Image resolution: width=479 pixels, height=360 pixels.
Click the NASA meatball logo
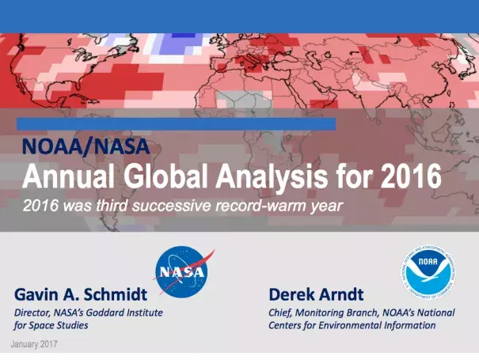coord(182,271)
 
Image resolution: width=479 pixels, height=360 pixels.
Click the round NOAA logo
coord(428,272)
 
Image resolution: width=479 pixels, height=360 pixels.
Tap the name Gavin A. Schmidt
coord(81,294)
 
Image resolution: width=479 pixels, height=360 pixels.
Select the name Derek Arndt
coord(316,294)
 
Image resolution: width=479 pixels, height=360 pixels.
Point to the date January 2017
coord(34,344)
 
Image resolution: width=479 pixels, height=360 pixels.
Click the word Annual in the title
coord(68,176)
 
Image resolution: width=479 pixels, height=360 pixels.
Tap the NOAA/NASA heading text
coord(86,146)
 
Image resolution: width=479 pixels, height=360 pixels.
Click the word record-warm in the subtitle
coord(261,205)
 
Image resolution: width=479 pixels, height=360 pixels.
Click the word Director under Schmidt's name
coord(32,313)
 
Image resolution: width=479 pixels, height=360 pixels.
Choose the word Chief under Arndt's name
coord(280,313)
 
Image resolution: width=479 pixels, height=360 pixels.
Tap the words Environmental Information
coord(377,325)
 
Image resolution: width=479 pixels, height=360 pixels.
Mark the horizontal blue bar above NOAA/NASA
coord(176,124)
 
